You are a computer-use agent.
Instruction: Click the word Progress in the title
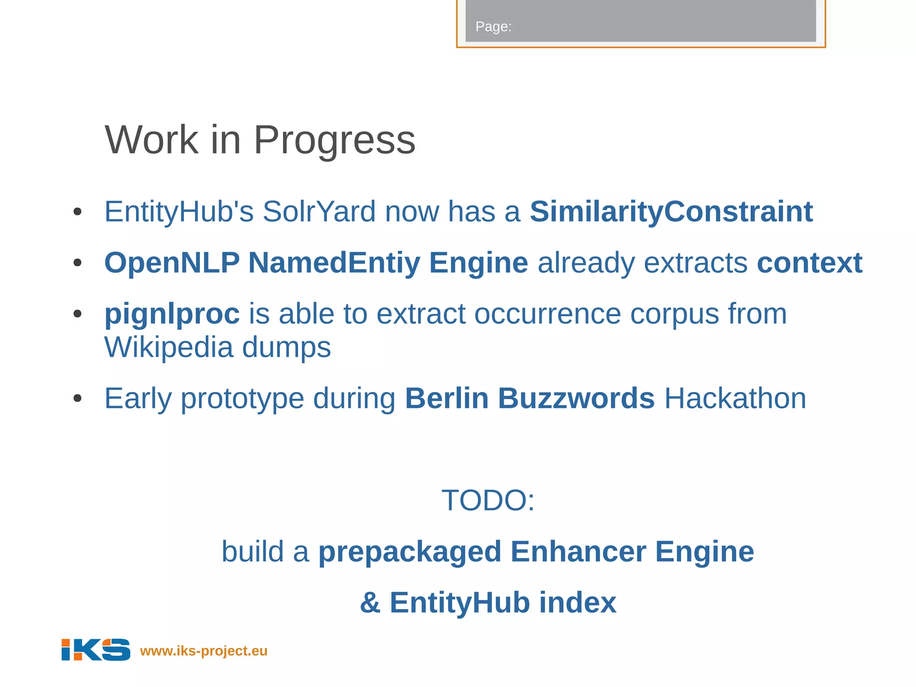tap(335, 140)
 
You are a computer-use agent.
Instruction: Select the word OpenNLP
tap(172, 263)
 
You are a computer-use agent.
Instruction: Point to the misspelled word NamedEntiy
tap(334, 263)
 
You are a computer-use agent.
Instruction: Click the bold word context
tap(809, 263)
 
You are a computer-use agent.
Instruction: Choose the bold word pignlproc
tap(172, 314)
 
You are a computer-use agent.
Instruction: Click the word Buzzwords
tap(576, 398)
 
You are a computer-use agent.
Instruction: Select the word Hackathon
tap(735, 398)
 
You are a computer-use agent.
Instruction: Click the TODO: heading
tap(488, 500)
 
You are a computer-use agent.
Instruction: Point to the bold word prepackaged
tap(410, 551)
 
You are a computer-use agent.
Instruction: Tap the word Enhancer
tap(578, 551)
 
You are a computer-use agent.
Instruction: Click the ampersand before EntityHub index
tap(370, 603)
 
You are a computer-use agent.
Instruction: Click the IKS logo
tap(96, 649)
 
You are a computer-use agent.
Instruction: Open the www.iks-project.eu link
tap(204, 651)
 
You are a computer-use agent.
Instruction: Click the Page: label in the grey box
tap(493, 27)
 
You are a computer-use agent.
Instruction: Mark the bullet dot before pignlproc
tap(77, 314)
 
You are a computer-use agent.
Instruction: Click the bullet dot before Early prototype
tap(77, 398)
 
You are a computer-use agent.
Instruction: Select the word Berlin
tap(446, 398)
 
